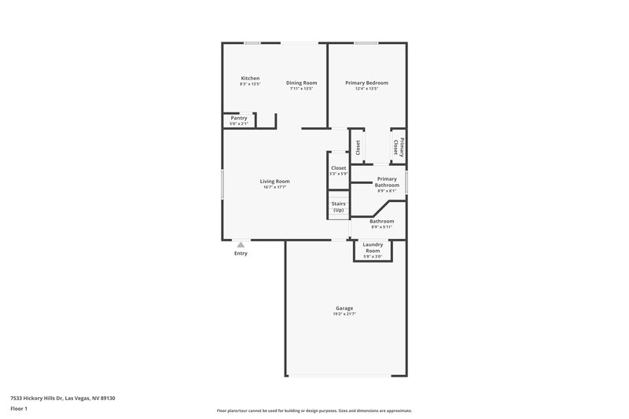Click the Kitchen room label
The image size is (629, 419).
point(250,78)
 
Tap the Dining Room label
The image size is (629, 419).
point(301,83)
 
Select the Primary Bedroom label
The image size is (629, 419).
point(366,83)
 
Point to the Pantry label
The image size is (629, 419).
point(239,118)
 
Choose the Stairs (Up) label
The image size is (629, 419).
point(338,207)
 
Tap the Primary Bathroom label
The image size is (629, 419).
point(386,182)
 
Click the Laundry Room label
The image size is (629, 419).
point(372,247)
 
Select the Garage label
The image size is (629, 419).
point(344,307)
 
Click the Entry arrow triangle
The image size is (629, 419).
point(241,244)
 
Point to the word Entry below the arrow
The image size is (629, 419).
point(241,253)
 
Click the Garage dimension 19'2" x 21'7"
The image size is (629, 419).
point(344,314)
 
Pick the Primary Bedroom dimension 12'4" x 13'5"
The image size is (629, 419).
point(366,89)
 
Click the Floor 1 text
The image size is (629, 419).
point(20,409)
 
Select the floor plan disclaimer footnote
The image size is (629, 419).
point(314,410)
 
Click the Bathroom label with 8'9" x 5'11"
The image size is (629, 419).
point(381,221)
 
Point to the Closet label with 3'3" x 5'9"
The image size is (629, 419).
point(338,167)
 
